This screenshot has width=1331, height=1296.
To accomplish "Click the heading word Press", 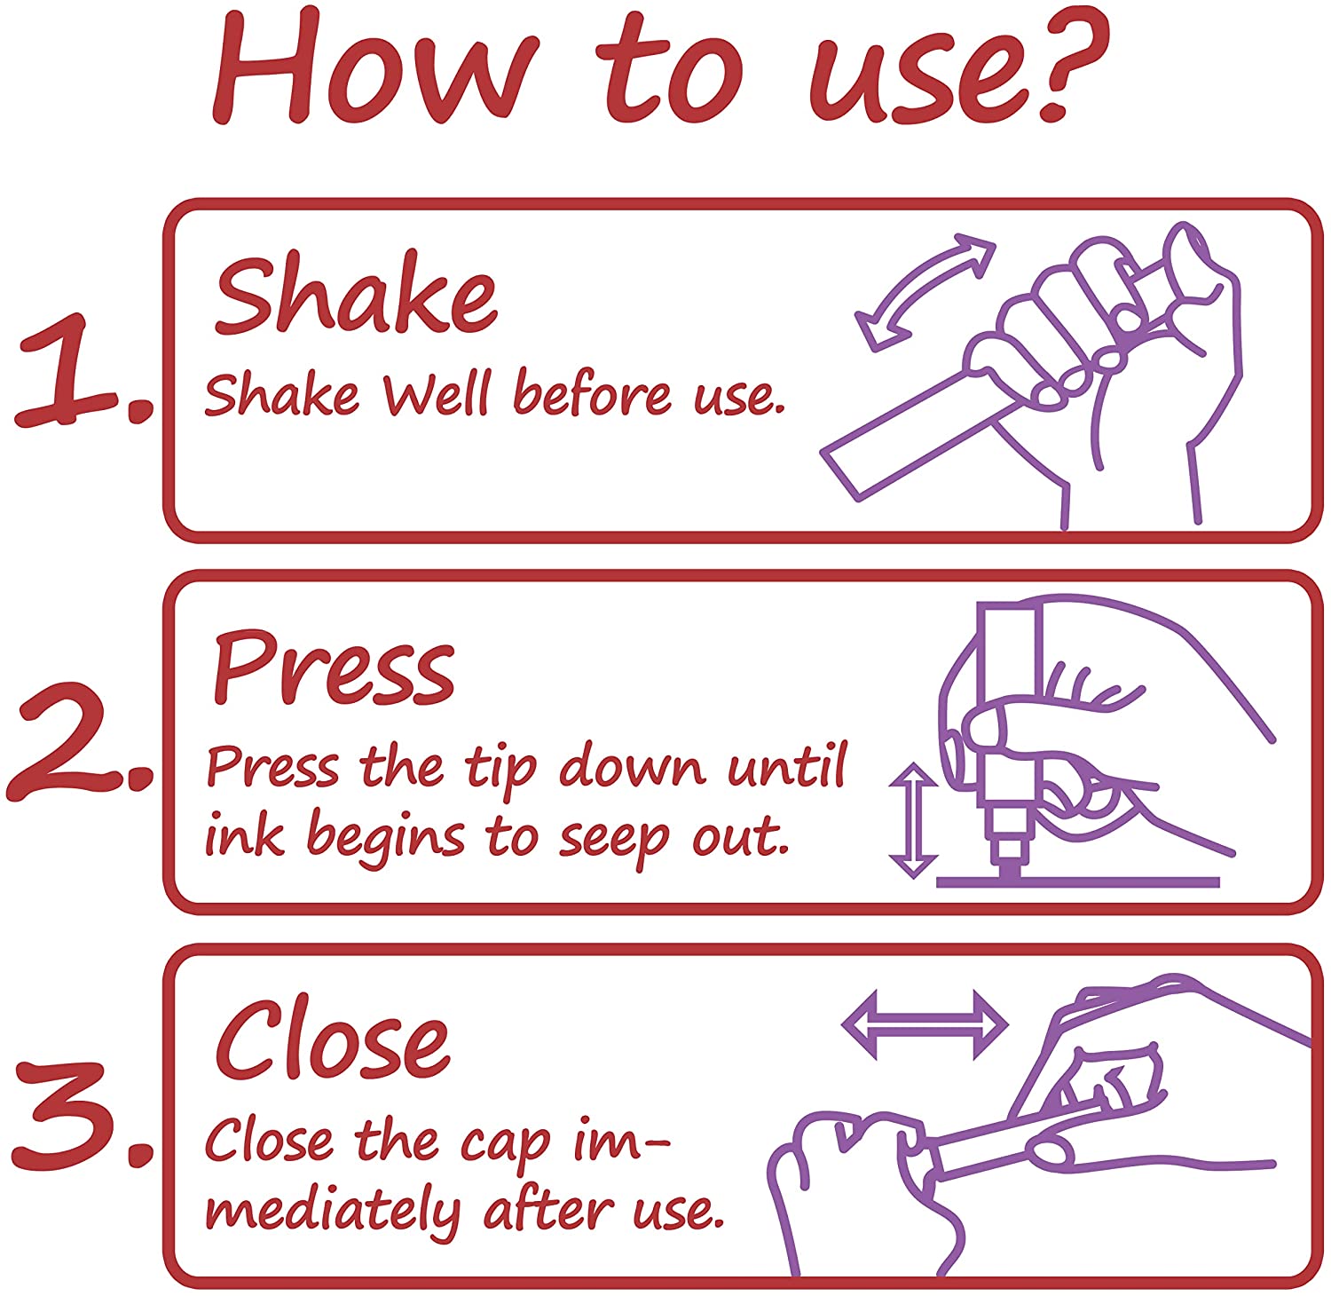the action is tap(334, 669).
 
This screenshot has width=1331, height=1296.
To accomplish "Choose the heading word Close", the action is tap(332, 1039).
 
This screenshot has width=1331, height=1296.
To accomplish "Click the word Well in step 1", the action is tap(436, 394).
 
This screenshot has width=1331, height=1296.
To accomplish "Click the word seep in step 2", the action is tap(613, 840).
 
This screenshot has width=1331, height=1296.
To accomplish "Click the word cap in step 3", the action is tap(505, 1145).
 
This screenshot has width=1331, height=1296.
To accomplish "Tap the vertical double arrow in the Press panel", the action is tap(914, 820).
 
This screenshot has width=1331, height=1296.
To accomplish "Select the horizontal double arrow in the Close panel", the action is tap(925, 1024).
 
